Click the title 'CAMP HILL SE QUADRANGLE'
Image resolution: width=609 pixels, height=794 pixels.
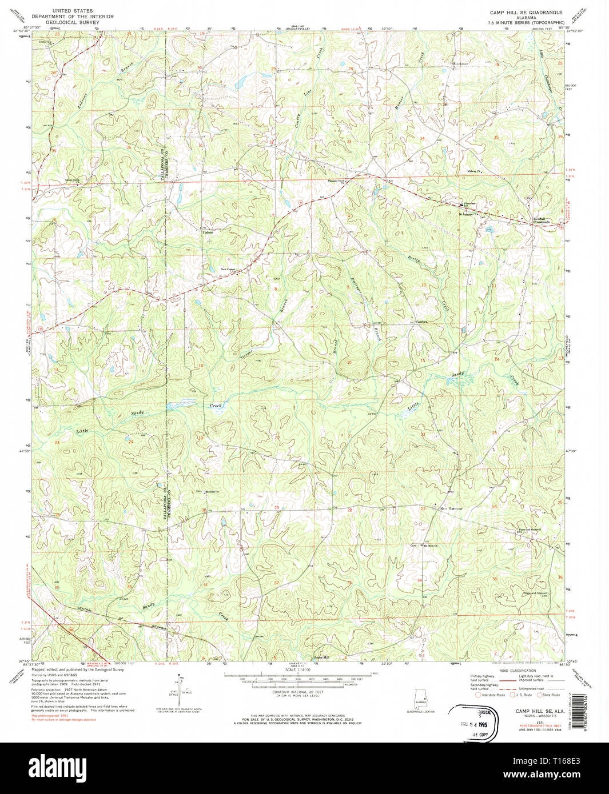(x=526, y=12)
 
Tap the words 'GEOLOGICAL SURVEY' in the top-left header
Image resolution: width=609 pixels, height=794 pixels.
(x=73, y=23)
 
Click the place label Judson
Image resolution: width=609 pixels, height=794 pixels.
(x=207, y=232)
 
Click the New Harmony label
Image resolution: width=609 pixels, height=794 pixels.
(x=451, y=508)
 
